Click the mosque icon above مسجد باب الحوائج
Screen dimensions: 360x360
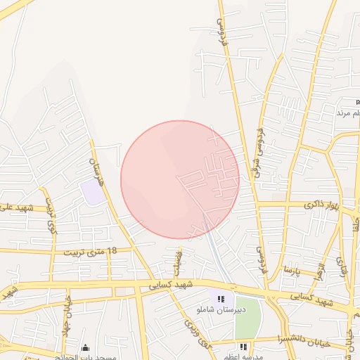click(86, 347)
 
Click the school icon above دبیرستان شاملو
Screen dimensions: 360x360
click(221, 299)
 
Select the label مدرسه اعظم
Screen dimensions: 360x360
click(243, 356)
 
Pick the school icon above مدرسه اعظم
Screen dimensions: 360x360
click(243, 347)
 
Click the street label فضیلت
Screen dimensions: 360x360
click(177, 263)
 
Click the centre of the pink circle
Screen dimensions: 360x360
click(180, 179)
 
